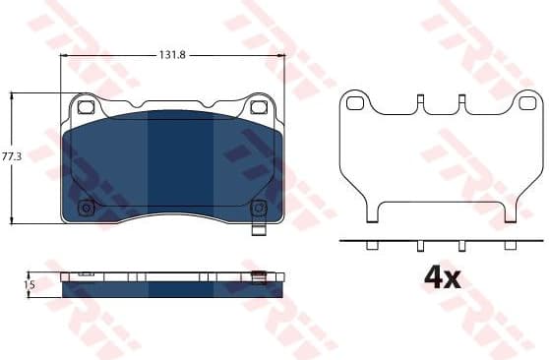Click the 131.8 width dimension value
[x=173, y=56]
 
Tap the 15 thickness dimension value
[x=30, y=284]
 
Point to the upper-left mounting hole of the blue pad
[x=85, y=108]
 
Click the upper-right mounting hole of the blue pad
[x=259, y=108]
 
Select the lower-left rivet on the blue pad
[x=86, y=208]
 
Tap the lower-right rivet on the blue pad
[x=258, y=208]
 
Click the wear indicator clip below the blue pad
[x=258, y=232]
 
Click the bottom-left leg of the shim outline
[x=372, y=211]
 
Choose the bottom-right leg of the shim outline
[x=510, y=211]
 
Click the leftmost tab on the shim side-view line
[x=374, y=246]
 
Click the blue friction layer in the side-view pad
[x=172, y=289]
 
